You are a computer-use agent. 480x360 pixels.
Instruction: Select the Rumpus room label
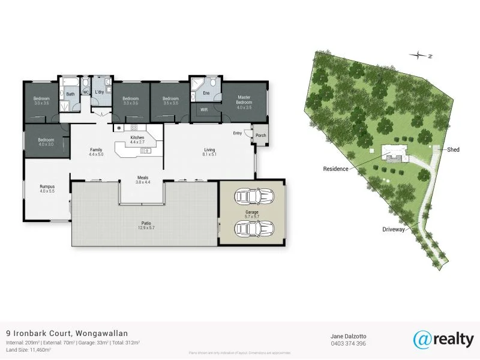pos(47,188)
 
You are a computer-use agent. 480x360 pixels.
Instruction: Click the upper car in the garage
pos(254,197)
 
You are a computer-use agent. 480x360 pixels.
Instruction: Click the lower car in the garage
pos(254,229)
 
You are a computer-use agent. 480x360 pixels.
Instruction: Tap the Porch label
pos(261,136)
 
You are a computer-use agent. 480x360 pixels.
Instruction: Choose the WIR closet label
pos(204,110)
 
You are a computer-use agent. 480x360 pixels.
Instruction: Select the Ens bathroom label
pos(206,94)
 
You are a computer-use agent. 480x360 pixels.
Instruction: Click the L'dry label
pos(99,92)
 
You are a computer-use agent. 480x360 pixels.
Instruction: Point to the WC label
pos(86,92)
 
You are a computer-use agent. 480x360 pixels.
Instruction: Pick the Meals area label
pos(142,179)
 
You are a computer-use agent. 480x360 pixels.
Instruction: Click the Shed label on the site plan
pos(453,149)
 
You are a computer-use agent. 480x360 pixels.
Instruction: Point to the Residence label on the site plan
pos(336,169)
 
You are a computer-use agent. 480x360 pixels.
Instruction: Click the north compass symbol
pos(418,56)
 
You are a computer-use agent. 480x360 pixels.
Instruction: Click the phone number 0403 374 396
pos(348,344)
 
